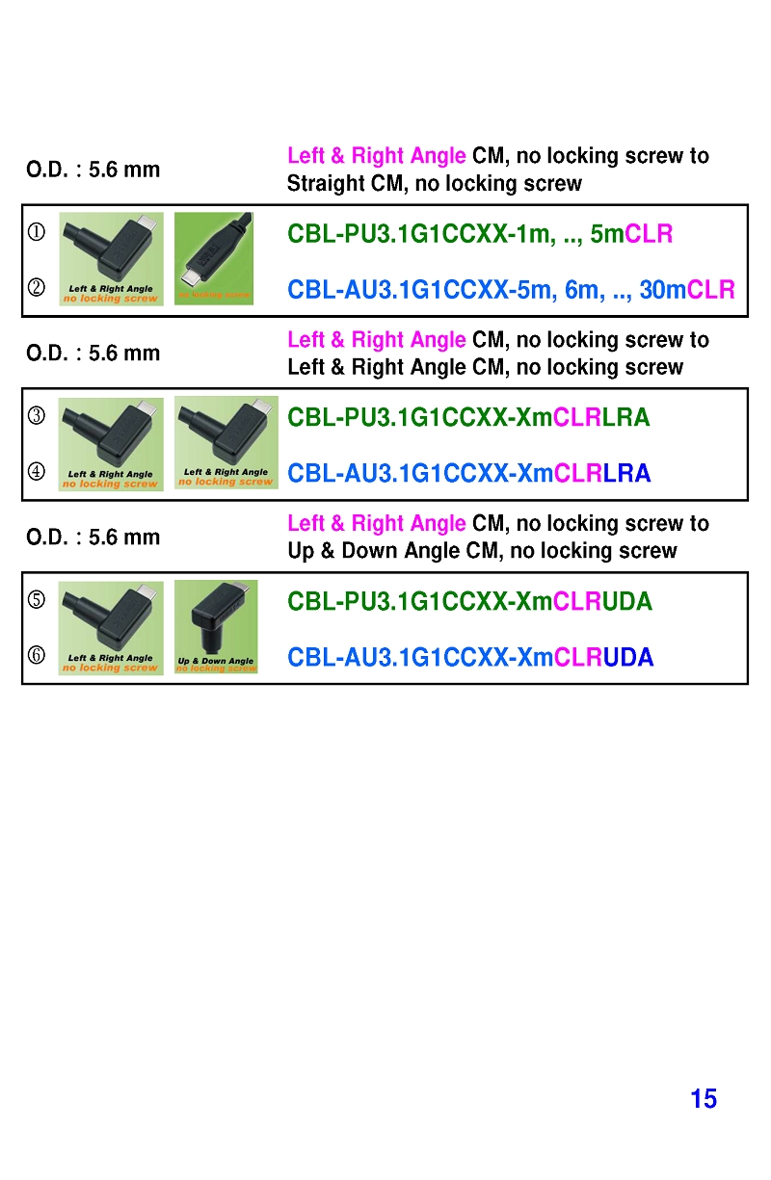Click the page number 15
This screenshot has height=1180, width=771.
click(704, 1099)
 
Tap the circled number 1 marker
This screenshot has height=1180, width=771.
click(37, 232)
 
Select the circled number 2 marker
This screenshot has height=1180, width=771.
click(37, 289)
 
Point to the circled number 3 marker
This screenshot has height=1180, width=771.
click(37, 416)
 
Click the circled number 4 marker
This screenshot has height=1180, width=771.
click(37, 472)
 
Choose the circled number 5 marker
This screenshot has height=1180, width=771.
click(37, 600)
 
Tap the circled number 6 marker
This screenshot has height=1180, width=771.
click(37, 656)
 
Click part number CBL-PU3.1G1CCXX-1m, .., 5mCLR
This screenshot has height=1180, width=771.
click(480, 234)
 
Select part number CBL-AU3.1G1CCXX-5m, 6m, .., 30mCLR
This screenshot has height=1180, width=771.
click(511, 290)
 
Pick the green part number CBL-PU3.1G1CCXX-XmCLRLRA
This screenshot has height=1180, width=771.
click(468, 418)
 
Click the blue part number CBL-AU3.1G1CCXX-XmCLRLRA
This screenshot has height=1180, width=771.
click(468, 474)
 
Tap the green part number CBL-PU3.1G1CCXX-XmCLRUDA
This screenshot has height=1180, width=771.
click(469, 602)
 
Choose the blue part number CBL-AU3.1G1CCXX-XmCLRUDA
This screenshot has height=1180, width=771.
click(469, 658)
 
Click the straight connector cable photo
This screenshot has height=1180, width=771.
click(214, 258)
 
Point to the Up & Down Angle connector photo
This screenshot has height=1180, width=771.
click(216, 626)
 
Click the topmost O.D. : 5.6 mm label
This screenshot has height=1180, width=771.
click(93, 170)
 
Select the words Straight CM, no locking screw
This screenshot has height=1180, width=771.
click(435, 184)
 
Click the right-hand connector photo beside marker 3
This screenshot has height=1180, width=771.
click(226, 442)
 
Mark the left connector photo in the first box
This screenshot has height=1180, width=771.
click(111, 258)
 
